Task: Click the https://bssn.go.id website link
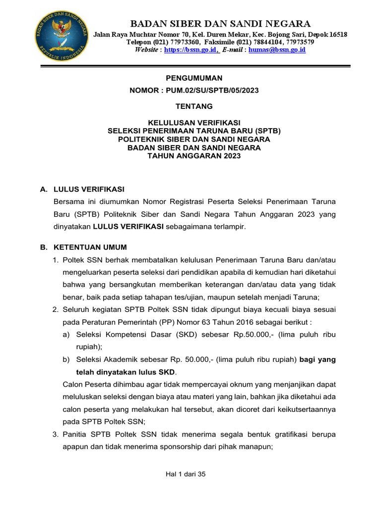click(x=190, y=50)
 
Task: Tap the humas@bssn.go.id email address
click(x=277, y=50)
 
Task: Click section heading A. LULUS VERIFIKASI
click(x=82, y=189)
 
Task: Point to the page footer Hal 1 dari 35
click(x=186, y=474)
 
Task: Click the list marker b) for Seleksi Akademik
click(x=66, y=360)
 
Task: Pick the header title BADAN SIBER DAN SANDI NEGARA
click(x=220, y=23)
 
